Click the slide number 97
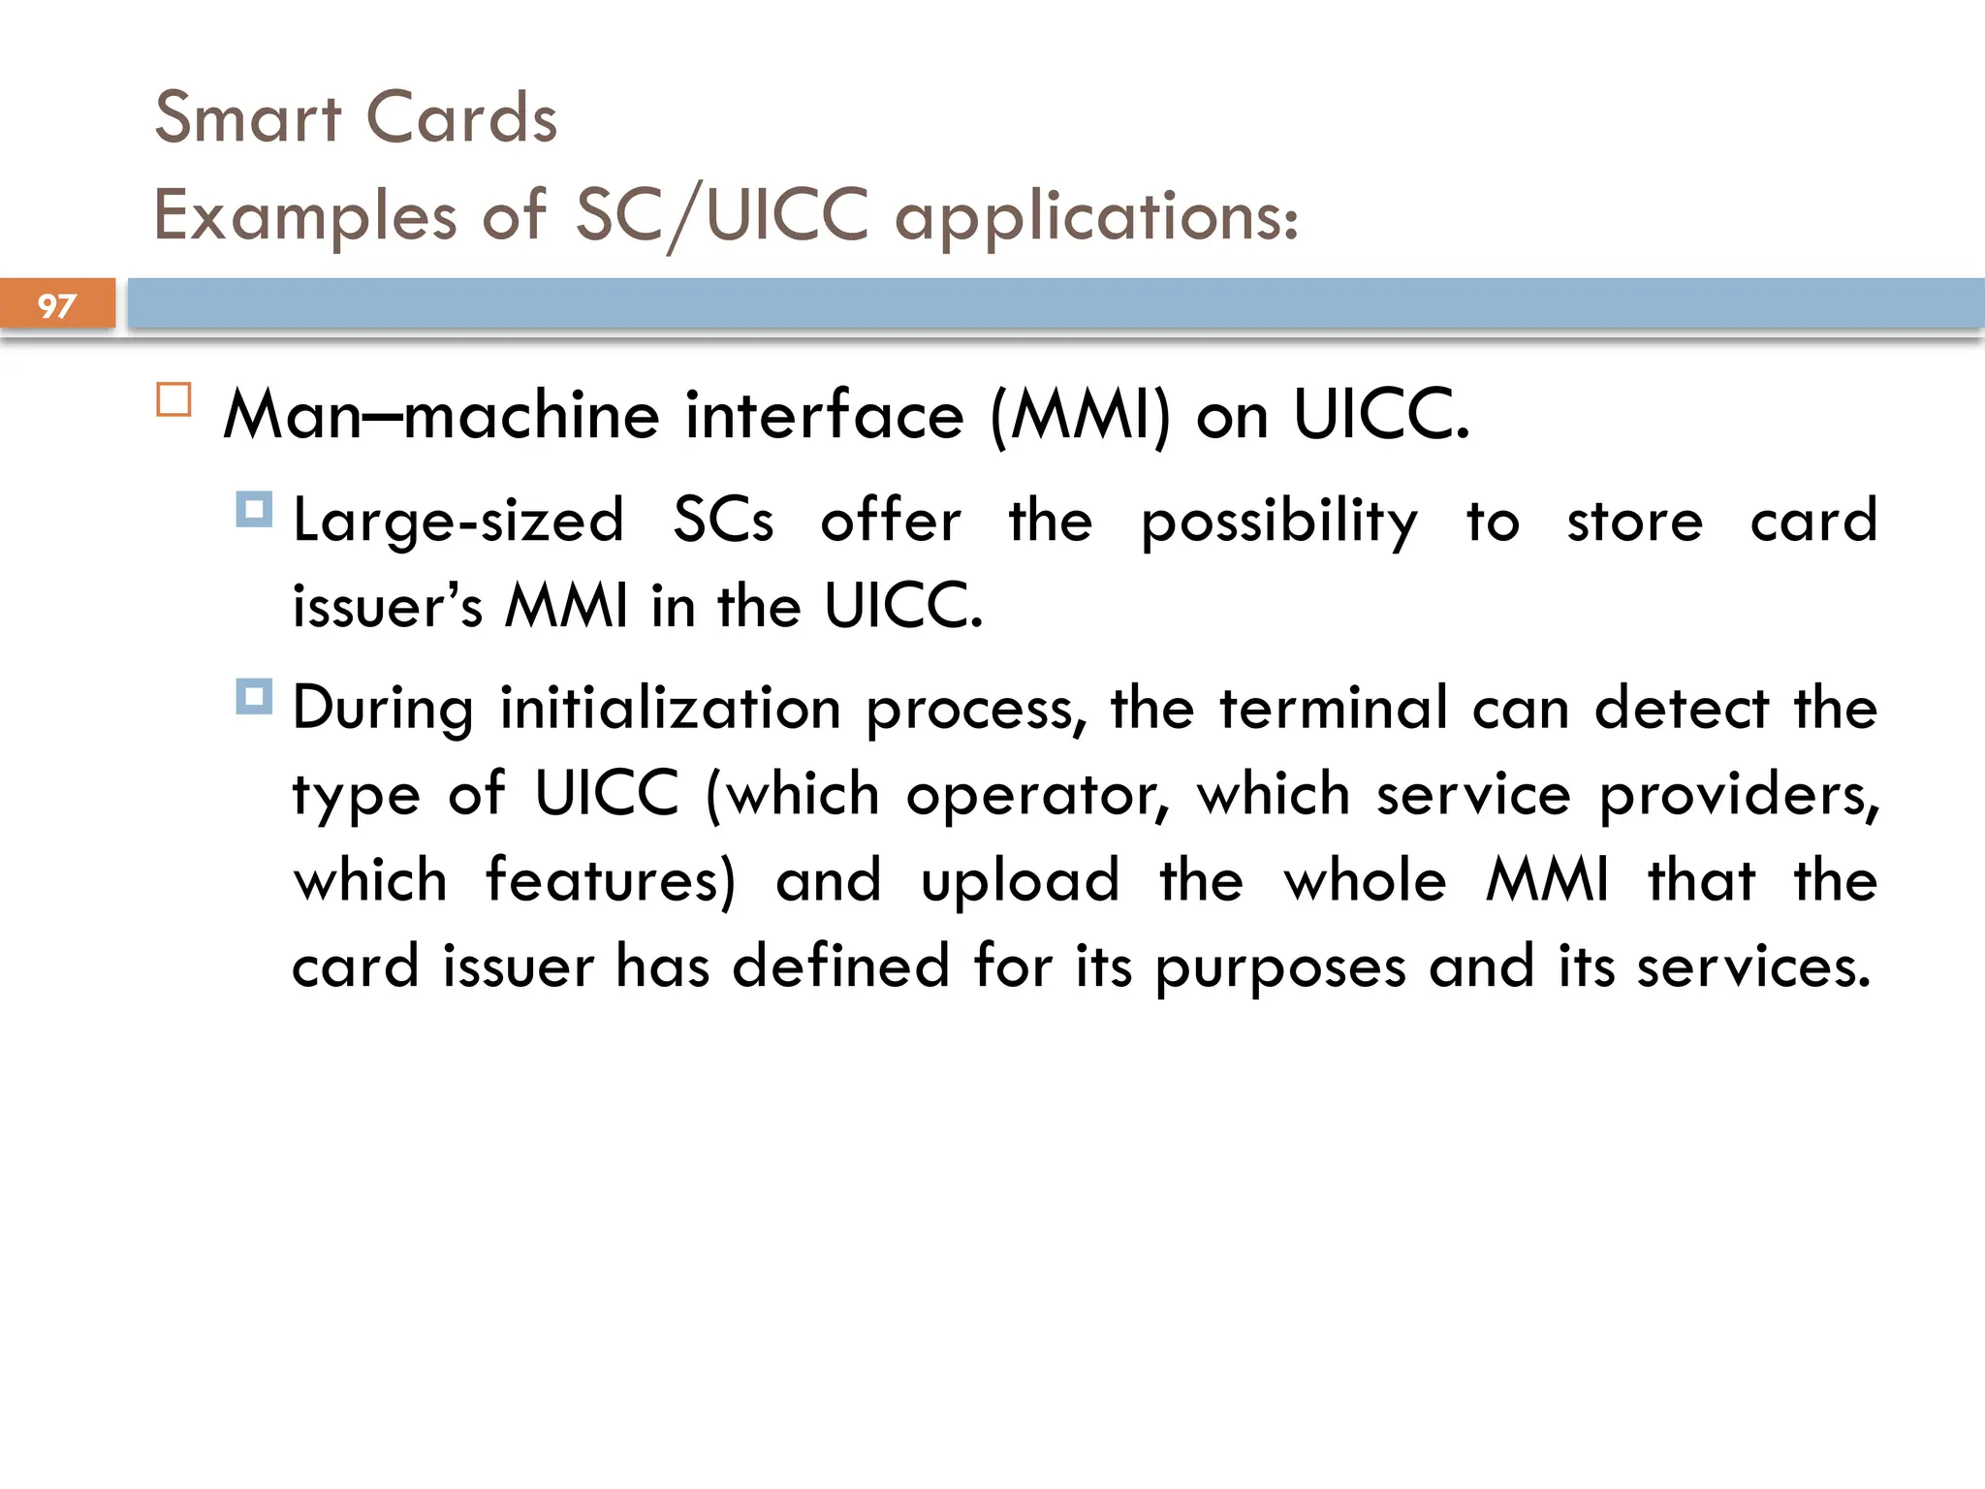(x=56, y=306)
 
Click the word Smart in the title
(x=248, y=117)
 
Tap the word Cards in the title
(x=461, y=117)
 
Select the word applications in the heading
(x=1095, y=216)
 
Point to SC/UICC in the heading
(x=721, y=214)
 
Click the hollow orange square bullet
(x=173, y=400)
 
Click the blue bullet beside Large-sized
(x=254, y=509)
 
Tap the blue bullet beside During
(x=254, y=696)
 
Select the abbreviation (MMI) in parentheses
(x=1080, y=415)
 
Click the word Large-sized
(x=457, y=522)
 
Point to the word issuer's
(x=387, y=606)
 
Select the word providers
(x=1739, y=796)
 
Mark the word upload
(x=1020, y=882)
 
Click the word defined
(x=839, y=966)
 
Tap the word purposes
(x=1279, y=968)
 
